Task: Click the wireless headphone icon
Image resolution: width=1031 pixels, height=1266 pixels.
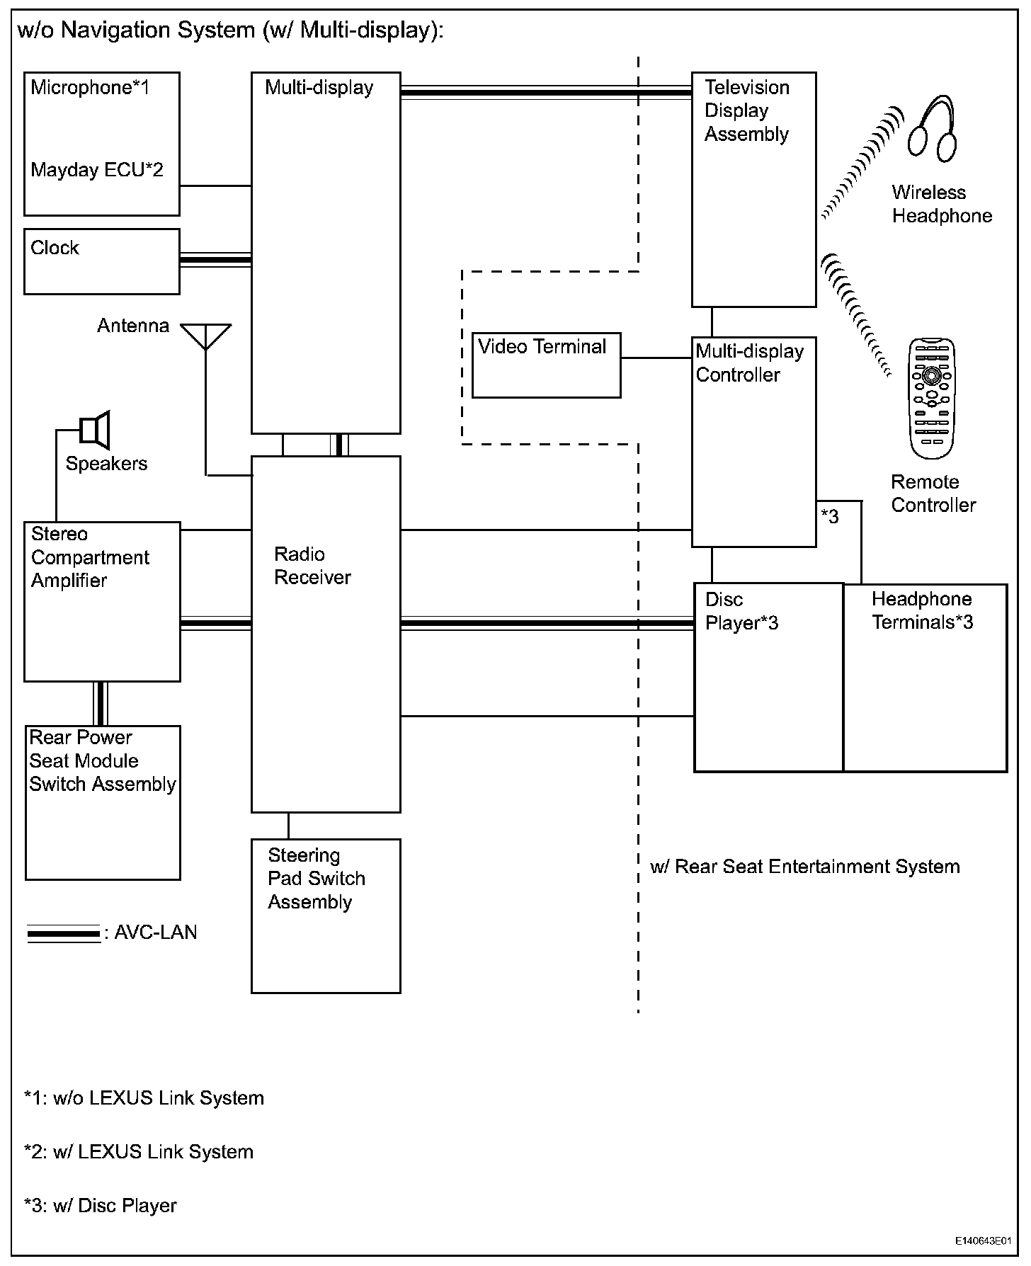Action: pyautogui.click(x=933, y=129)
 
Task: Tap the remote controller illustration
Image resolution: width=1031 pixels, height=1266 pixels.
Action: pyautogui.click(x=932, y=399)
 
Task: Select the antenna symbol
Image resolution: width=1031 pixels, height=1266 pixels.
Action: pyautogui.click(x=205, y=336)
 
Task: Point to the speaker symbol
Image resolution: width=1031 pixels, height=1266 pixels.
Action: pyautogui.click(x=95, y=430)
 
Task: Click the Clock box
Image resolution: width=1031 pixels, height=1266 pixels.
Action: pyautogui.click(x=101, y=261)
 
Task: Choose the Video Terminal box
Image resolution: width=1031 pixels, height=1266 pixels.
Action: pyautogui.click(x=546, y=365)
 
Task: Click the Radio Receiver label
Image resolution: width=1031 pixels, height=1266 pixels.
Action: pyautogui.click(x=312, y=566)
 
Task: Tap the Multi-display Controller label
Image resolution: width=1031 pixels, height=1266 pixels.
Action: pyautogui.click(x=749, y=363)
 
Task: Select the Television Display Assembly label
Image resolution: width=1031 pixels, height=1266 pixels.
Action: pyautogui.click(x=746, y=111)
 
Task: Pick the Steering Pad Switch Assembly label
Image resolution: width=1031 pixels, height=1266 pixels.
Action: pyautogui.click(x=316, y=879)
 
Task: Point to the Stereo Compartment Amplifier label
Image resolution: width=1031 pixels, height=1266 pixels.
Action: pyautogui.click(x=89, y=557)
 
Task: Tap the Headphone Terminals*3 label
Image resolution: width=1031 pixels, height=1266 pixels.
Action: pyautogui.click(x=922, y=610)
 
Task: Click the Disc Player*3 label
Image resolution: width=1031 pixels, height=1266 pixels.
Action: pyautogui.click(x=741, y=611)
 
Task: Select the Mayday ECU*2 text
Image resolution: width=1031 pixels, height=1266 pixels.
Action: pyautogui.click(x=97, y=170)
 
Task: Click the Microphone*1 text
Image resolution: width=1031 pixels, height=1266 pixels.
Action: pyautogui.click(x=90, y=88)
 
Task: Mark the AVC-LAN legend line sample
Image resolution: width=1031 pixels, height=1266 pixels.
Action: pyautogui.click(x=64, y=934)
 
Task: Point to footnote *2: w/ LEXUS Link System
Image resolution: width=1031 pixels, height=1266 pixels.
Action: pyautogui.click(x=139, y=1152)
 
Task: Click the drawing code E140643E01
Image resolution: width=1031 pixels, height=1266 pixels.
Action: pyautogui.click(x=982, y=1241)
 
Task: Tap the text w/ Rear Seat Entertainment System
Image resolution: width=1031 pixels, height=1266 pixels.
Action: pyautogui.click(x=804, y=867)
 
